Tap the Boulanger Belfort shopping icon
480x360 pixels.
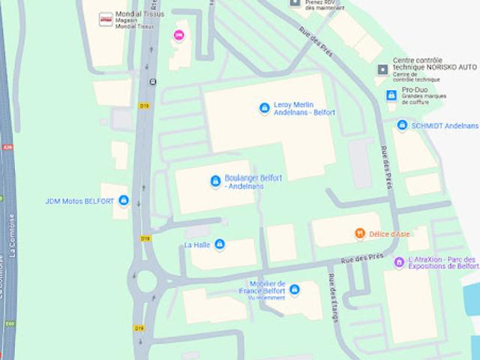tap(216, 181)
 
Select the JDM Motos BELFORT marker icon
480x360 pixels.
tap(124, 201)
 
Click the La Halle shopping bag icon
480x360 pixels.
tap(220, 244)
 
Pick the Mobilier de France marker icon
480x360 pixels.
tap(295, 289)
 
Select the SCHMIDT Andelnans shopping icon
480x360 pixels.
tap(402, 126)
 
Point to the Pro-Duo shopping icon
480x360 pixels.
tap(390, 95)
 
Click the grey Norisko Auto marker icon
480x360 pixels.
tap(383, 70)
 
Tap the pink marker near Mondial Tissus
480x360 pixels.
tap(178, 35)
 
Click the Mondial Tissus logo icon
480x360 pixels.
tap(106, 19)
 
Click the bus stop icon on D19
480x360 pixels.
tap(153, 82)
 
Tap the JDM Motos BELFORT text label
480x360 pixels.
tap(79, 201)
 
